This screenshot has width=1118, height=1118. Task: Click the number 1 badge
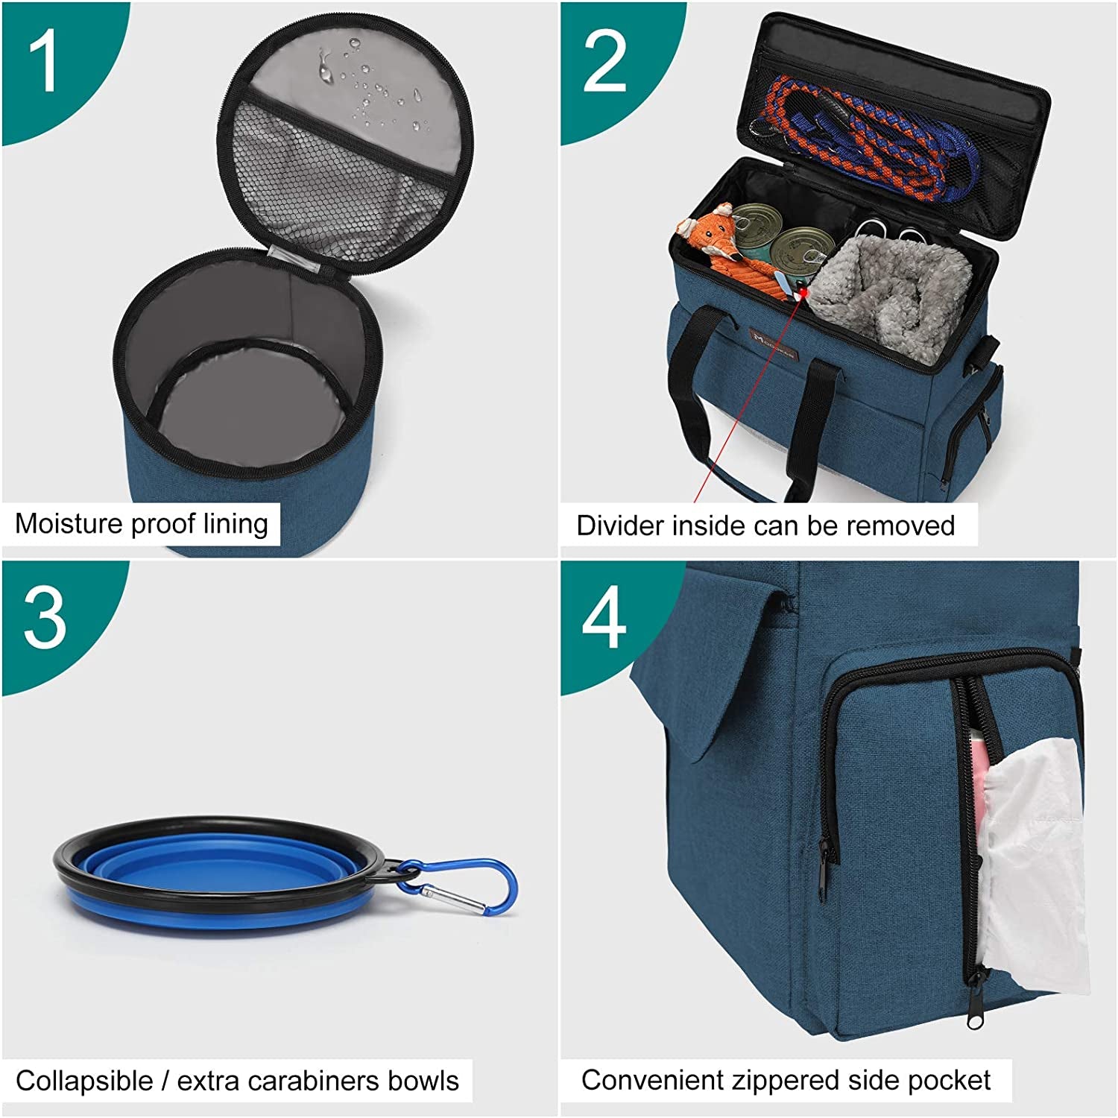click(43, 63)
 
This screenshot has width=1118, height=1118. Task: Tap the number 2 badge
click(604, 63)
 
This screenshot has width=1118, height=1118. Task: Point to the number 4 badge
click(604, 618)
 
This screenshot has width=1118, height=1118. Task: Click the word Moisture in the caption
click(69, 524)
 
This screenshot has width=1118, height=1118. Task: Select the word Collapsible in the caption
click(84, 1081)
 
